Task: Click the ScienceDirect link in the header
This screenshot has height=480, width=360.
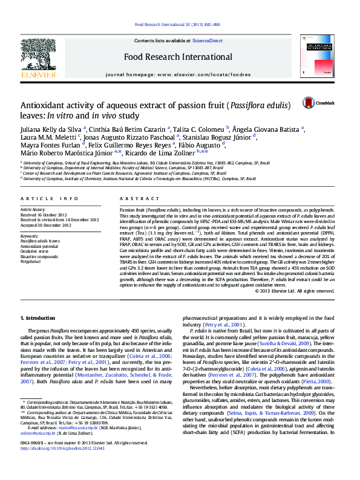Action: [207, 41]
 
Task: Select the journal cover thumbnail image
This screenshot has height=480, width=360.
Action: [318, 59]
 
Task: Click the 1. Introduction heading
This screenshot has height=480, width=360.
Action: [39, 318]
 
